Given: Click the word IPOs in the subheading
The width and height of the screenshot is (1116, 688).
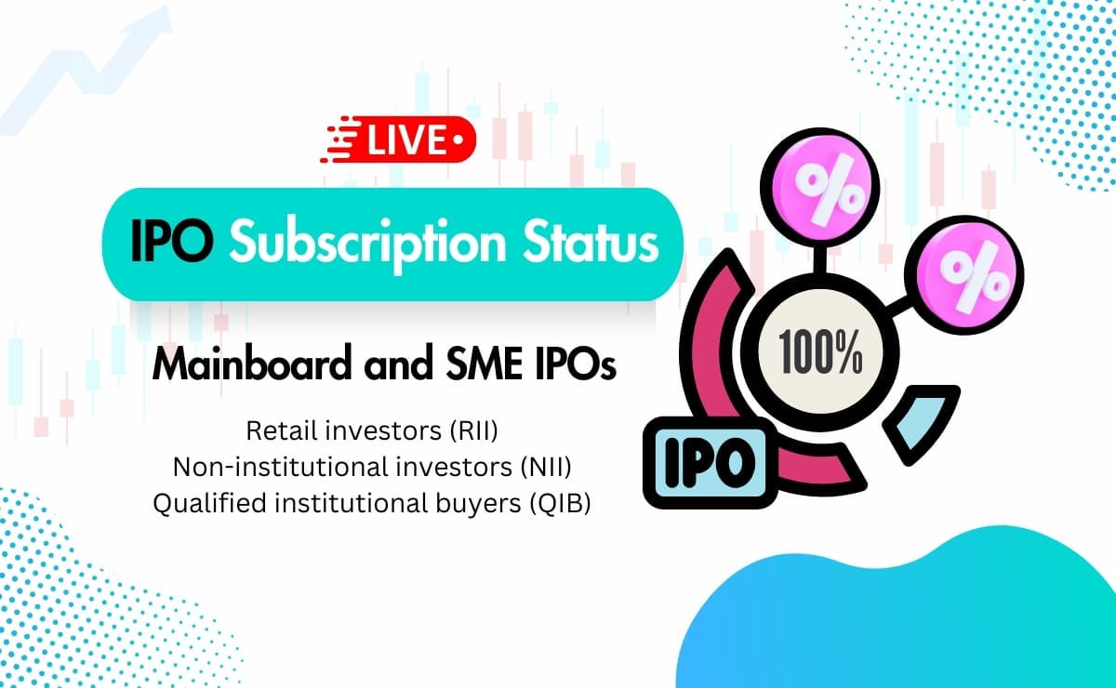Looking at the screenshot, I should (x=578, y=366).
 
